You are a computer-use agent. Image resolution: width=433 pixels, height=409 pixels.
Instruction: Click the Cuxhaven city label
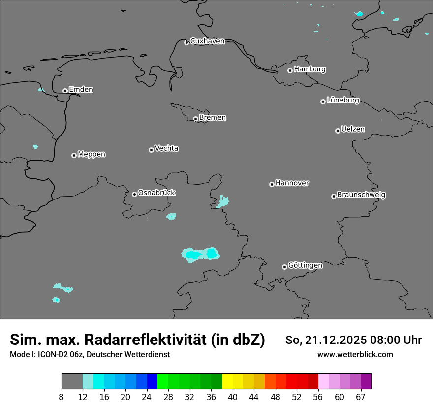point(207,41)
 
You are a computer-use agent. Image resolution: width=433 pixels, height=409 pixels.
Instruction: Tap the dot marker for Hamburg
point(290,70)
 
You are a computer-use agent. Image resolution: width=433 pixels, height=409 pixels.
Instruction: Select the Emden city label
point(81,90)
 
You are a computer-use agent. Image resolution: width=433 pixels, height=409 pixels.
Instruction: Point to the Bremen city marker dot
point(195,119)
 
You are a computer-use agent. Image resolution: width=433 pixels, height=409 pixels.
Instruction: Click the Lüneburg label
point(342,101)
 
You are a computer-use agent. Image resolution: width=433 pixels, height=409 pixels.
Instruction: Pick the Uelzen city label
point(353,130)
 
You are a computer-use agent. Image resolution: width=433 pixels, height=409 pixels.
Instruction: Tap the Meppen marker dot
point(74,155)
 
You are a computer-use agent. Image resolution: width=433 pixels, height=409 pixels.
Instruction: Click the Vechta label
point(166,148)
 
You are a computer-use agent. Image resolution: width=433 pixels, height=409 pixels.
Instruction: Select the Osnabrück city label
point(156,193)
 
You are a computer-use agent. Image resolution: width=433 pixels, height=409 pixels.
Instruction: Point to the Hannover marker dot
point(272,184)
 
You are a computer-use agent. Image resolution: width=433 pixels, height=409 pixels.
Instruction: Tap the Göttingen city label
point(305,266)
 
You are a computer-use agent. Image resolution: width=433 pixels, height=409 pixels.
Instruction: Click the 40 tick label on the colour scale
point(233,397)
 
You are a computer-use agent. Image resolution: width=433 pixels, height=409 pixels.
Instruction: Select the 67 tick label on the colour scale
point(361,397)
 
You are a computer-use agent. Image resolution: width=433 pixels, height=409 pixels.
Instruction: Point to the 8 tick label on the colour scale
point(62,397)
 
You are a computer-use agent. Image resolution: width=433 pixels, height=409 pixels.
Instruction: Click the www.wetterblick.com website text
point(355,355)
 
